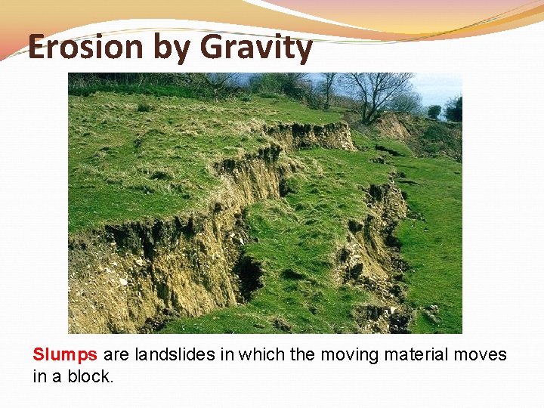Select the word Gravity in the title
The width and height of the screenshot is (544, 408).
click(x=256, y=48)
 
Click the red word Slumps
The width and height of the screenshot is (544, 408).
click(x=65, y=354)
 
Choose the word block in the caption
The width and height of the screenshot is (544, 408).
click(x=89, y=376)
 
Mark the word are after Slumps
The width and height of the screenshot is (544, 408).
click(x=116, y=354)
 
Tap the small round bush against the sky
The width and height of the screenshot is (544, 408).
click(x=434, y=111)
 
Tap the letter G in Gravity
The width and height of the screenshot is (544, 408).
click(x=215, y=48)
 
